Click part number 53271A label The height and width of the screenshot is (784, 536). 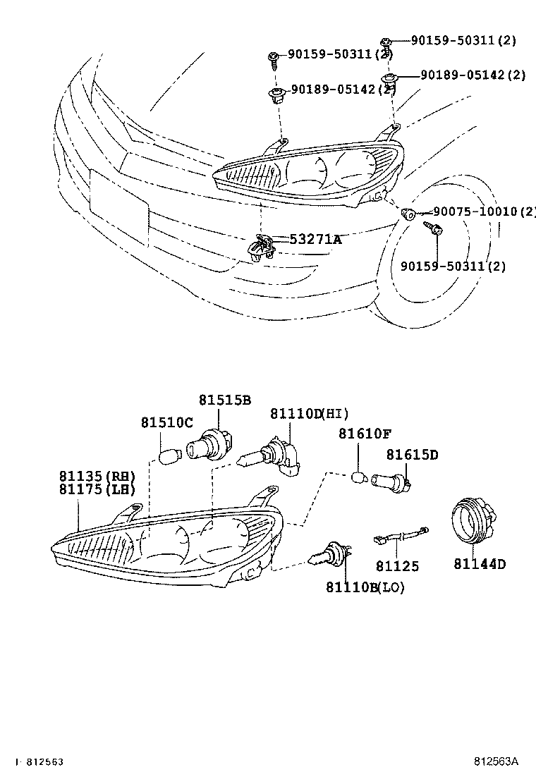point(315,240)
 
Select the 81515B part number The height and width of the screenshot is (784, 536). point(224,400)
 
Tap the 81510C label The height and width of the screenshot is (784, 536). point(166,422)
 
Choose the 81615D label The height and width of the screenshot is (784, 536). point(411,455)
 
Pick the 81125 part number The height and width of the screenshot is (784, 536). point(396,565)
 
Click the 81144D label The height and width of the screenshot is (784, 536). point(480,563)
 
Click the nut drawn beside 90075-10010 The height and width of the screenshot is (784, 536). point(407,212)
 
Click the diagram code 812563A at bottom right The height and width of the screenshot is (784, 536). point(495,761)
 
